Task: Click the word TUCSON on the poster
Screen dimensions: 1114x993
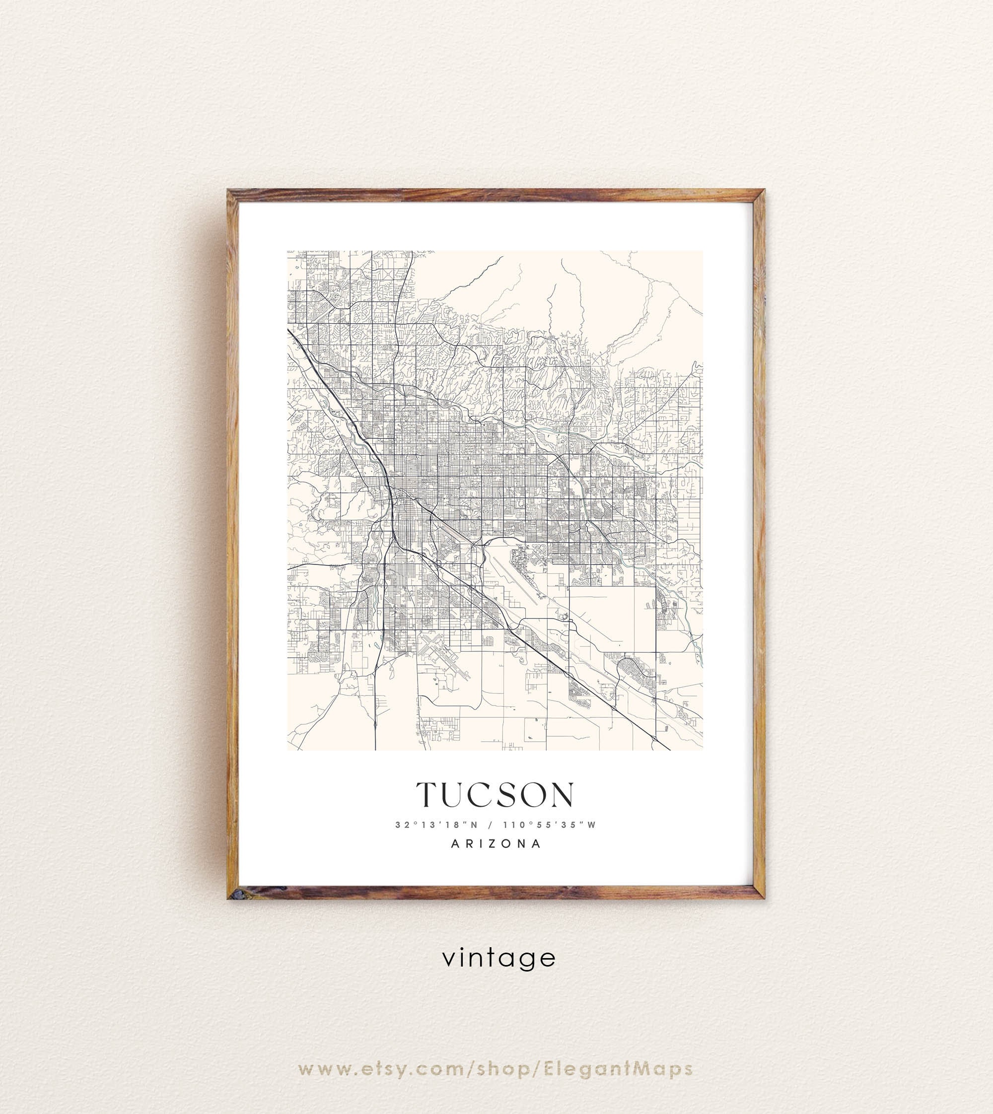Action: coord(496,795)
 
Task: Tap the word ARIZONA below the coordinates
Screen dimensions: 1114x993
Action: coord(496,844)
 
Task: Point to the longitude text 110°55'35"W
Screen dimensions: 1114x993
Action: coord(552,825)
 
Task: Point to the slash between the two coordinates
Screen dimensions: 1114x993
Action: coord(493,825)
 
